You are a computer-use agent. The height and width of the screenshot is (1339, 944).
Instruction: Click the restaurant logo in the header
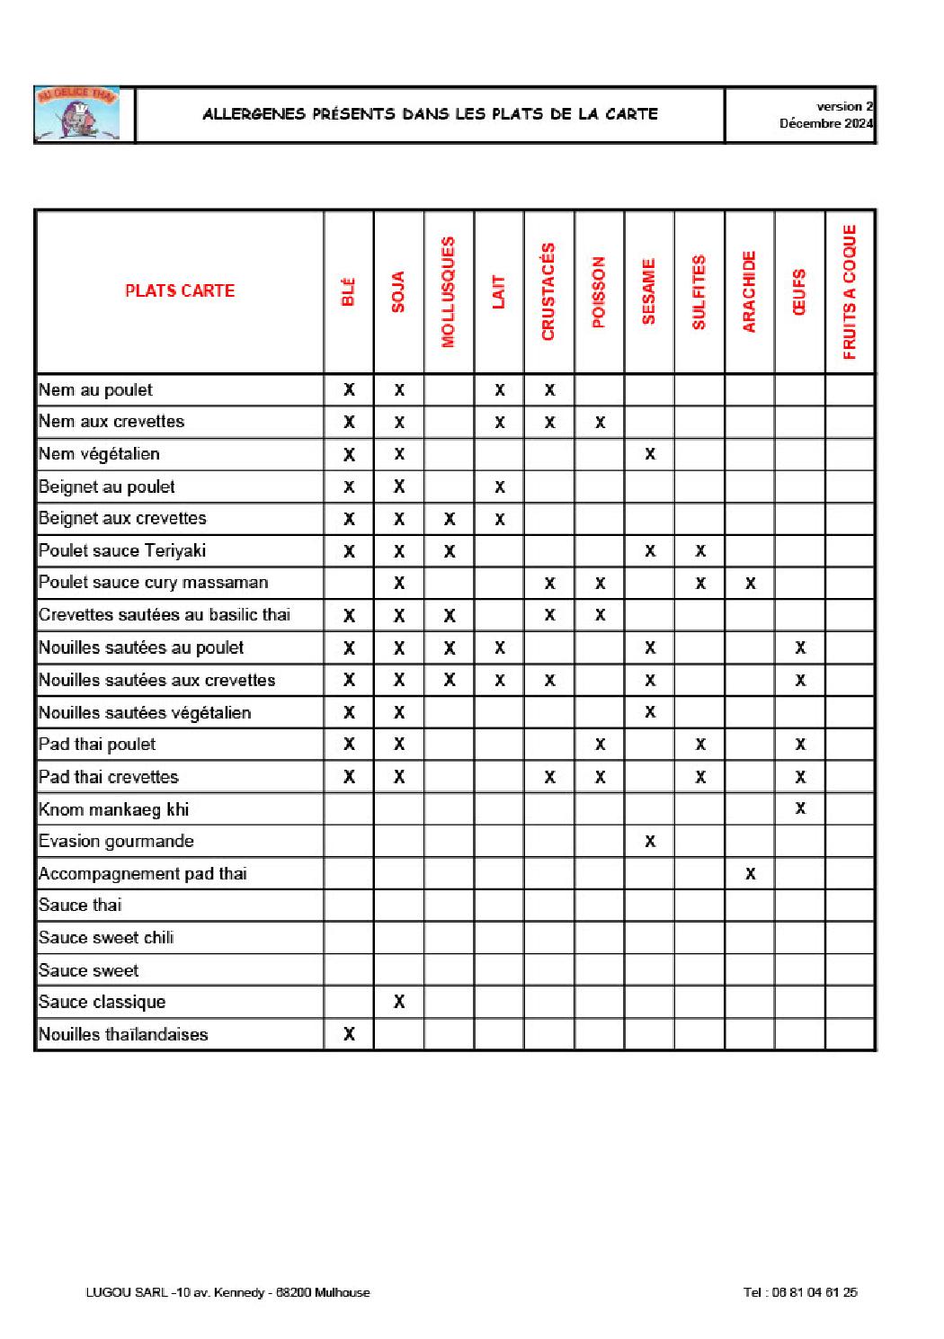pyautogui.click(x=76, y=114)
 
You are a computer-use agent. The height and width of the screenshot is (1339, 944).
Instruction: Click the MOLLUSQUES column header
pyautogui.click(x=449, y=291)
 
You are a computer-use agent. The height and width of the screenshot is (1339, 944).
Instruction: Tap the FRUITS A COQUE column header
pyautogui.click(x=850, y=291)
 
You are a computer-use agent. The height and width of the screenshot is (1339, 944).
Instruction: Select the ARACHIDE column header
pyautogui.click(x=750, y=291)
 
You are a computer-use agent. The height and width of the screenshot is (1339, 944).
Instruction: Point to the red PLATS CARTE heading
pyautogui.click(x=180, y=290)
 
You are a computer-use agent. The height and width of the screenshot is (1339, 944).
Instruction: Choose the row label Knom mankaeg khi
pyautogui.click(x=113, y=809)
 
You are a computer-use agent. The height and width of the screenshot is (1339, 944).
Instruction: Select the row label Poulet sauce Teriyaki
pyautogui.click(x=123, y=550)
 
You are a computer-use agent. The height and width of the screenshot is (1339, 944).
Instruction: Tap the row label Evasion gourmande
pyautogui.click(x=116, y=842)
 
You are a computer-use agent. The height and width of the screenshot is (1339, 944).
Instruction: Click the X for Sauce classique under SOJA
pyautogui.click(x=399, y=1002)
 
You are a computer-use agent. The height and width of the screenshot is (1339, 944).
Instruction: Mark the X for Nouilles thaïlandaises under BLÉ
pyautogui.click(x=349, y=1034)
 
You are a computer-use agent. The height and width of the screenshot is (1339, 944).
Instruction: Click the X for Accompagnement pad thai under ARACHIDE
pyautogui.click(x=750, y=873)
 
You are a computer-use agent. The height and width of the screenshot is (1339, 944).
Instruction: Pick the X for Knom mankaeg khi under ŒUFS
pyautogui.click(x=800, y=808)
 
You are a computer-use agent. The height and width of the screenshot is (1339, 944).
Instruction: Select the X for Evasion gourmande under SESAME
pyautogui.click(x=650, y=842)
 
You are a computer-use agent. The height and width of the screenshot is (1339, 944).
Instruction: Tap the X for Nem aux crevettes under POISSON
pyautogui.click(x=600, y=422)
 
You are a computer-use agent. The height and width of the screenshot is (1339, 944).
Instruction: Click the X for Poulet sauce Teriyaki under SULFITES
pyautogui.click(x=700, y=550)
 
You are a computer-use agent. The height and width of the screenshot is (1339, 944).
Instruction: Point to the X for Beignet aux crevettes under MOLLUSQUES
pyautogui.click(x=450, y=519)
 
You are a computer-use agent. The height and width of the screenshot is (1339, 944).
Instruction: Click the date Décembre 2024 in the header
pyautogui.click(x=825, y=124)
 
